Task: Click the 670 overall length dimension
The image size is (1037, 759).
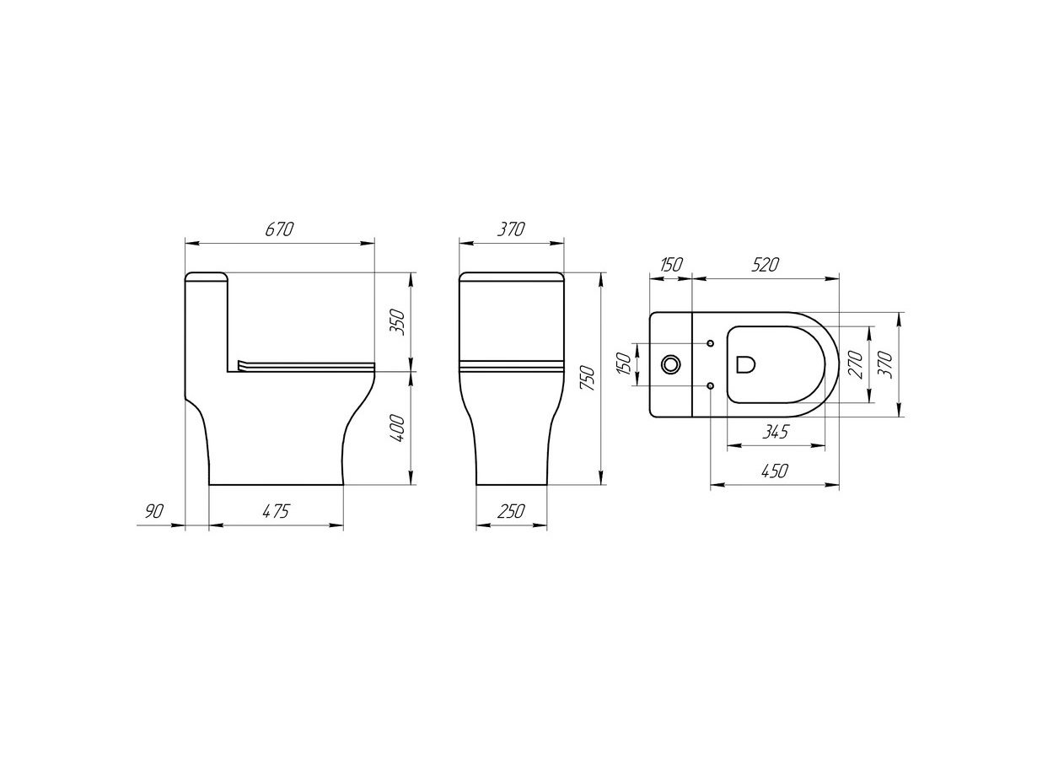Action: pyautogui.click(x=279, y=229)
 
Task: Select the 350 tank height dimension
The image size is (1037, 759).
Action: pyautogui.click(x=397, y=322)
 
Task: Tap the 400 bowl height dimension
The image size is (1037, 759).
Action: pyautogui.click(x=397, y=428)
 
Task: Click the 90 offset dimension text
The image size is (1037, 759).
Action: pyautogui.click(x=154, y=512)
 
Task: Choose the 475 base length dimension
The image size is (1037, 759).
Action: pyautogui.click(x=276, y=511)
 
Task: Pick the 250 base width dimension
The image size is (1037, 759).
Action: pyautogui.click(x=512, y=511)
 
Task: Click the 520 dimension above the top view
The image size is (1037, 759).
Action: pyautogui.click(x=766, y=265)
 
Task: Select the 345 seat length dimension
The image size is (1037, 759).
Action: pyautogui.click(x=776, y=432)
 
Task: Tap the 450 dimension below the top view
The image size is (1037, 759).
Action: pyautogui.click(x=775, y=471)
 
